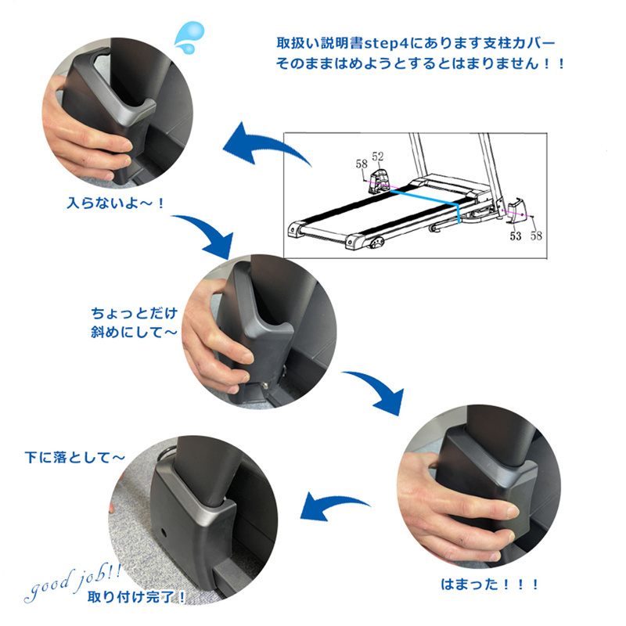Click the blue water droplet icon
pyautogui.click(x=189, y=37)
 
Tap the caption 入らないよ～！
pyautogui.click(x=115, y=203)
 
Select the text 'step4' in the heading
pyautogui.click(x=387, y=43)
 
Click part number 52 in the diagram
pyautogui.click(x=378, y=156)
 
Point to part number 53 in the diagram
pyautogui.click(x=516, y=236)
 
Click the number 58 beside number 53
pyautogui.click(x=536, y=236)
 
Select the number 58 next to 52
pyautogui.click(x=362, y=164)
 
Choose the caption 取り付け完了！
pyautogui.click(x=136, y=597)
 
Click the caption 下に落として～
pyautogui.click(x=74, y=457)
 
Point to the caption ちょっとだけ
pyautogui.click(x=134, y=313)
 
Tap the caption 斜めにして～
pyautogui.click(x=134, y=332)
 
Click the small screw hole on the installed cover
pyautogui.click(x=164, y=532)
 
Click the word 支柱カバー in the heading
pyautogui.click(x=520, y=43)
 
